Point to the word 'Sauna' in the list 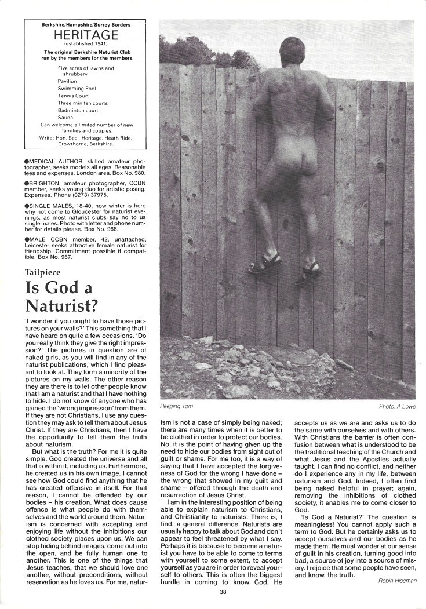coord(66,116)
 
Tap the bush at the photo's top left coord(176,46)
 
